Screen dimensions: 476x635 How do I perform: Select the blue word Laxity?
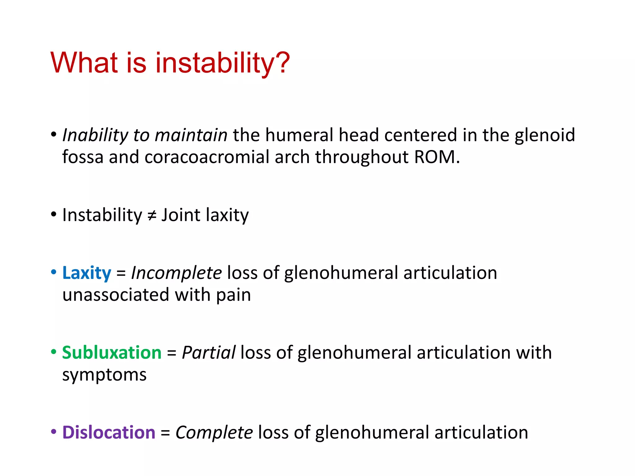point(87,273)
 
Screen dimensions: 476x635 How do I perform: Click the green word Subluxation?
point(112,353)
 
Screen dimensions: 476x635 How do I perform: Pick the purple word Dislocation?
point(109,432)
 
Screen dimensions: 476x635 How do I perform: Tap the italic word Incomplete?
point(176,273)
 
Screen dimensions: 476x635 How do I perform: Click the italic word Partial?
point(209,353)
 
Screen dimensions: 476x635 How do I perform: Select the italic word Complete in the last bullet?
point(214,432)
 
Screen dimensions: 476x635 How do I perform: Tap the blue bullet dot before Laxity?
point(54,272)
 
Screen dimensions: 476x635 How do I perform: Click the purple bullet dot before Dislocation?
point(54,431)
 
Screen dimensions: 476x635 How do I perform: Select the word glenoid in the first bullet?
point(544,135)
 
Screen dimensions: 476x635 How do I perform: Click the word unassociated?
point(116,295)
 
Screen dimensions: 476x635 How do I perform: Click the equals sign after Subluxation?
point(171,353)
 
